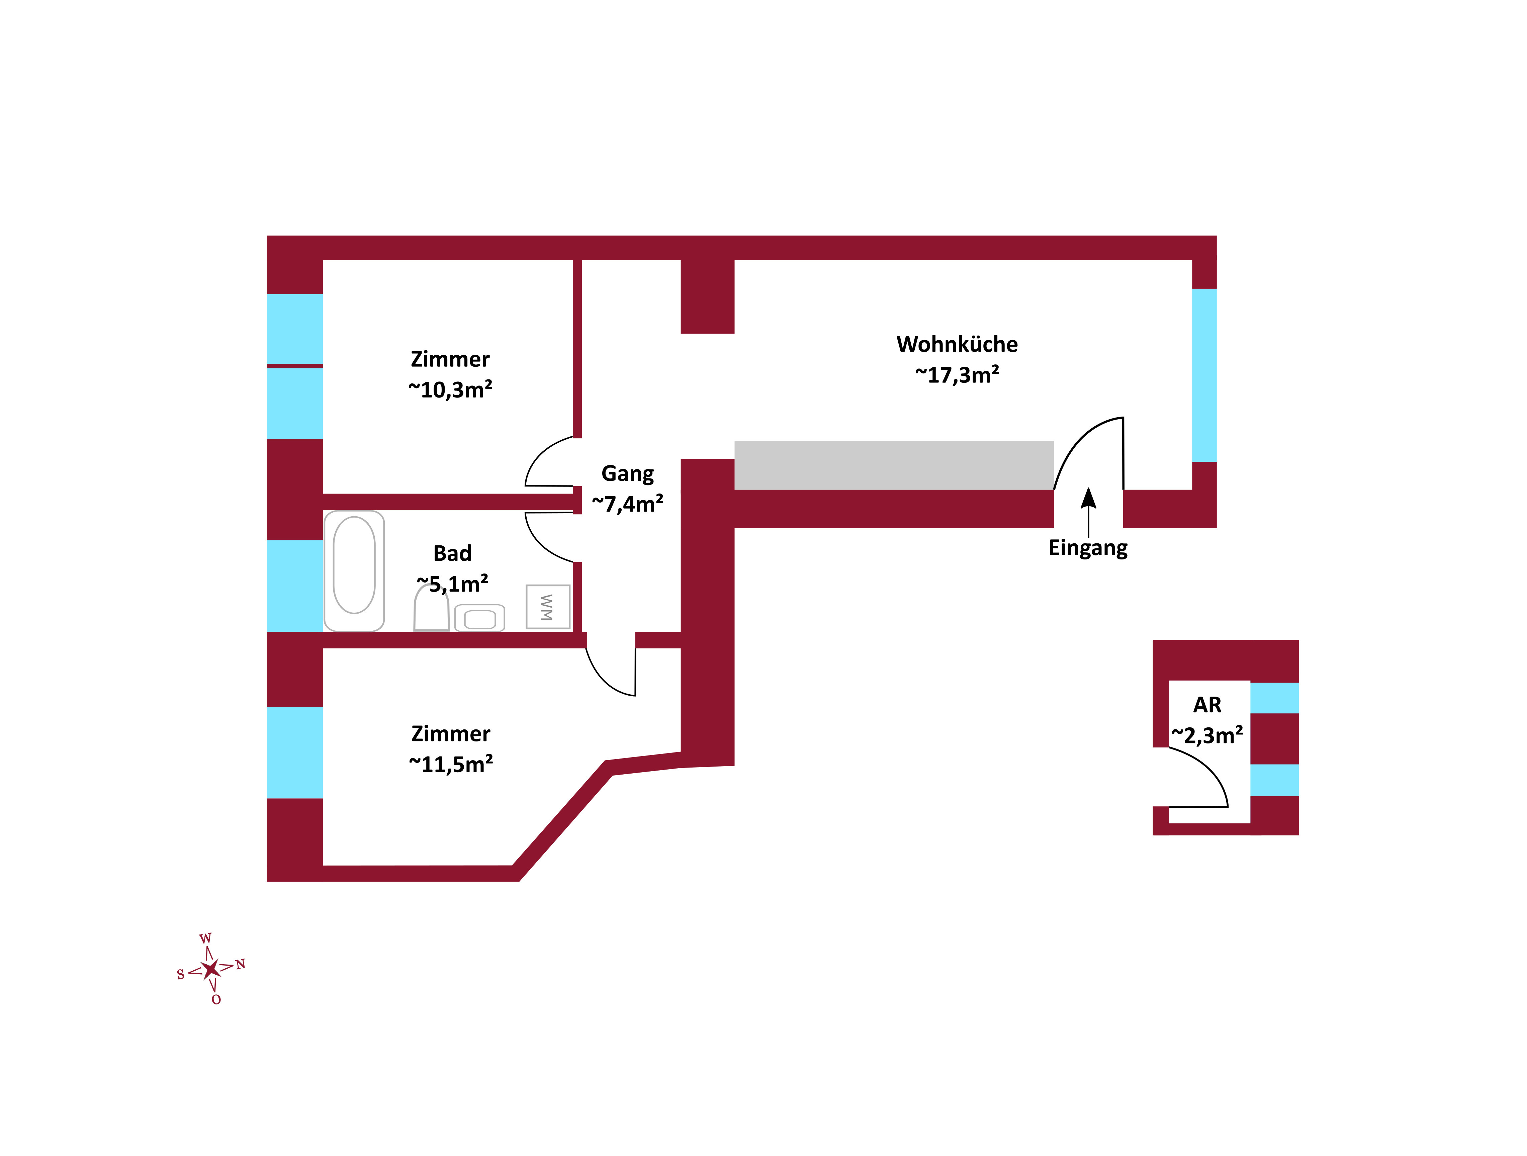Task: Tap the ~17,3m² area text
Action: coord(957,375)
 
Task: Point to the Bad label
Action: coord(452,553)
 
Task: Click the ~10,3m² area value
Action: coord(450,390)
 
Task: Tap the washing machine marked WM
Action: coord(547,607)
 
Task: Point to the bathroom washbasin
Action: coord(480,618)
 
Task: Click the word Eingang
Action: coord(1088,548)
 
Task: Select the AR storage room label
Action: coord(1207,705)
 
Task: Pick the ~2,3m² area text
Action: coord(1207,736)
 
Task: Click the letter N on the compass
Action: coord(240,964)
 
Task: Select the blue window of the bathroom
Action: coord(295,586)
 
